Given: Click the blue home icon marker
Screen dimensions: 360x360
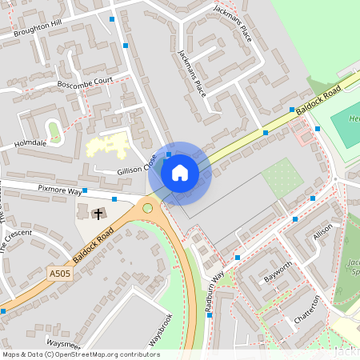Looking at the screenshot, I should coord(180,172).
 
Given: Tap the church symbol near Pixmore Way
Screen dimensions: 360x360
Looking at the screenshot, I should coord(98,214).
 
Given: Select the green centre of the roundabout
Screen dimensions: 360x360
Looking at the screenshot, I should coord(147,208).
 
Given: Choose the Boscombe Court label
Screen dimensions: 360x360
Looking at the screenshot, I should coord(86,82).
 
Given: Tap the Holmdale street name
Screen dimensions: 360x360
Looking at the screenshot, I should coord(31,144).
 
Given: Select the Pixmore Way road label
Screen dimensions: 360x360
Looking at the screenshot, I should coord(60,190).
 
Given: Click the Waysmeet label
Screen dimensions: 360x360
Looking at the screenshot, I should coord(62,343).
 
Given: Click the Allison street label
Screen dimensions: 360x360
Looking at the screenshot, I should coord(323,233).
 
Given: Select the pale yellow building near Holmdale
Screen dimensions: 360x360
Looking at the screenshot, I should coord(106,146).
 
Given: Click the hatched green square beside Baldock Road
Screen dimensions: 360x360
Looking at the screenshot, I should coord(282,178).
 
